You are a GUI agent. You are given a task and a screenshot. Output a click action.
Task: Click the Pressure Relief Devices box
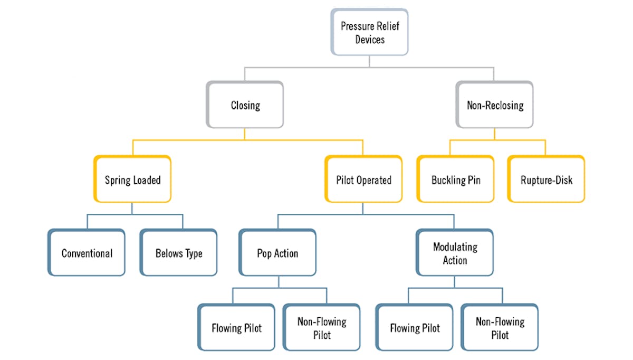tap(369, 32)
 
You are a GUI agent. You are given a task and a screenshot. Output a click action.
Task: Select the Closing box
tap(245, 105)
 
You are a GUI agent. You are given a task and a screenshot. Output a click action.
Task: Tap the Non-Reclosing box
tap(495, 105)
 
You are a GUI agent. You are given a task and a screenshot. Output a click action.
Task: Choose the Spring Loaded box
tap(132, 179)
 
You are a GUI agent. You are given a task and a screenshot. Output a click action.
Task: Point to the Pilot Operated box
tap(363, 179)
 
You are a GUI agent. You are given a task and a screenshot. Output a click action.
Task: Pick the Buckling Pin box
tap(456, 179)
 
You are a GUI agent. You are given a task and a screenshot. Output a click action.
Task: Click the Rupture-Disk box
tap(546, 179)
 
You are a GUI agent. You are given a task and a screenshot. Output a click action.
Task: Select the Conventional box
tap(87, 253)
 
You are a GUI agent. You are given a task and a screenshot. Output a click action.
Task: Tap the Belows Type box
tap(179, 253)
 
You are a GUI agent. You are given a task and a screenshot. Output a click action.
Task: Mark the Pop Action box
tap(277, 253)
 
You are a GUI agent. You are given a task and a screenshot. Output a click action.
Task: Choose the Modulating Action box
tap(455, 253)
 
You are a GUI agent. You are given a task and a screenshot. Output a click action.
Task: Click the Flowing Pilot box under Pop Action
tap(236, 328)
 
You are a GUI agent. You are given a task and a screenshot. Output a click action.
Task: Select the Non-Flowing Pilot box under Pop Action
tap(322, 328)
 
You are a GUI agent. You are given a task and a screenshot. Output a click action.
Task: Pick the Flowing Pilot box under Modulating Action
tap(415, 328)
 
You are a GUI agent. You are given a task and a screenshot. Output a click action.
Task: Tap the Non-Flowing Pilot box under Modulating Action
tap(500, 328)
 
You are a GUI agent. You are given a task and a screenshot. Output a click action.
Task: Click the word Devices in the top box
tap(370, 40)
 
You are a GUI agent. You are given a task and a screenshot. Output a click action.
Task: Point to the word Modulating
tap(455, 247)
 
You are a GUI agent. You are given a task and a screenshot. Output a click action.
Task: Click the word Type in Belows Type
tap(193, 253)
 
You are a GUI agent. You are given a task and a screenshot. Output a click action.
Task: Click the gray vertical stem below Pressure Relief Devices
tap(369, 61)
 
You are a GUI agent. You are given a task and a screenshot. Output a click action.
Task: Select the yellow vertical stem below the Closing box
tap(245, 134)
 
